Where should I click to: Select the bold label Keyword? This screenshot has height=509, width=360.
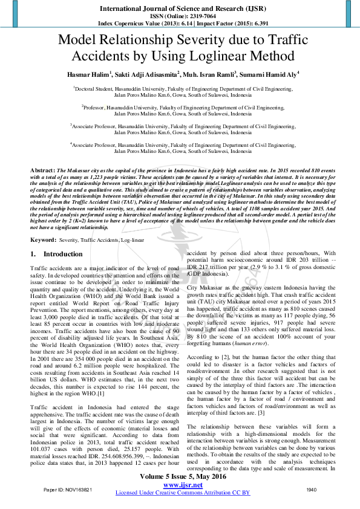click(44, 240)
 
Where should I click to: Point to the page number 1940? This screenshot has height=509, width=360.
click(311, 489)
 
